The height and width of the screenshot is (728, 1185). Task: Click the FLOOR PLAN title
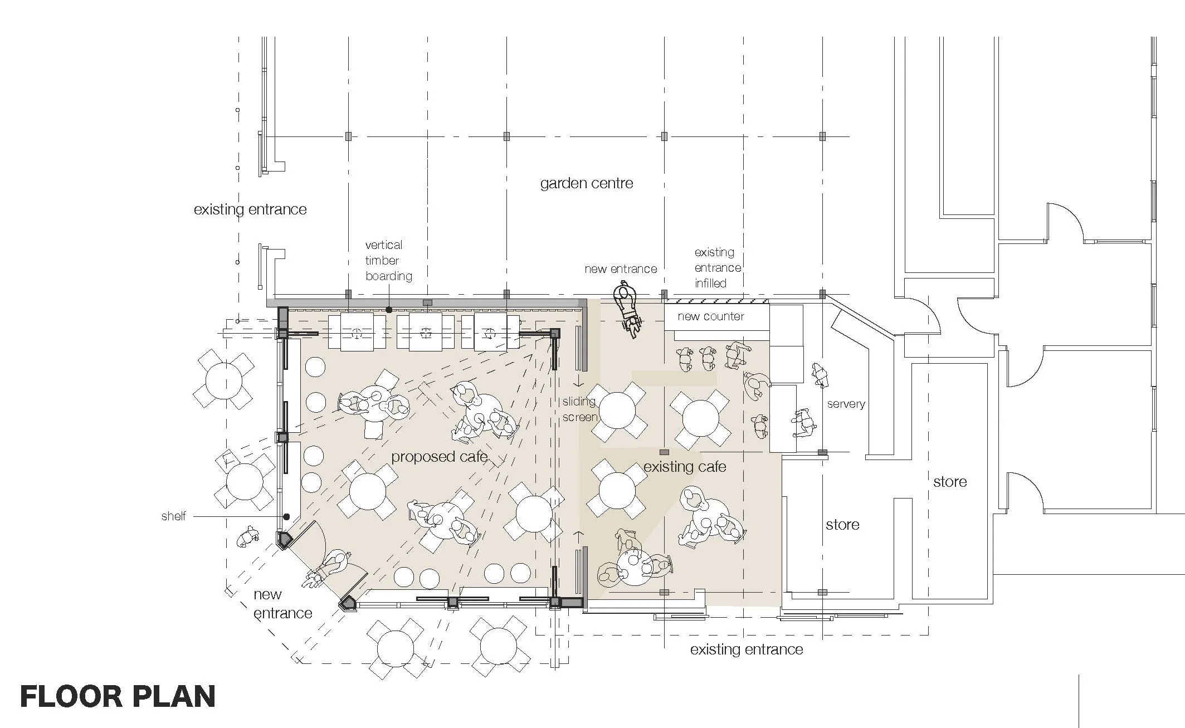[x=118, y=697]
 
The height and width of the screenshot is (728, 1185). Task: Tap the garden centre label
[x=587, y=184]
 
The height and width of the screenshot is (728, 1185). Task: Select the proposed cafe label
[x=440, y=457]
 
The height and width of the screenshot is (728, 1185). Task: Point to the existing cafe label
[x=685, y=467]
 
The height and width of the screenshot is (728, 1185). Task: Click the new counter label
[x=711, y=317]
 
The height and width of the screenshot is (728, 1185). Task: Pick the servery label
[x=846, y=404]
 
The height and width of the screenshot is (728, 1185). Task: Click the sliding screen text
[x=580, y=409]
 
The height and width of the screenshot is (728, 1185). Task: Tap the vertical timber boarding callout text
[x=389, y=260]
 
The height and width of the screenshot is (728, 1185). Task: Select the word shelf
[x=173, y=516]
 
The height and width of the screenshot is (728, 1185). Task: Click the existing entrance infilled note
[x=718, y=268]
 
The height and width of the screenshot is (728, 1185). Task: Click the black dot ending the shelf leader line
[x=286, y=517]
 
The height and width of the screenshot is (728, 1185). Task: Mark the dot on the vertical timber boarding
[x=389, y=310]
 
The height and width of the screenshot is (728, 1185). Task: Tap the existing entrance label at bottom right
[x=747, y=649]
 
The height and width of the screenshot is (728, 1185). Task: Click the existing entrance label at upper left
[x=250, y=210]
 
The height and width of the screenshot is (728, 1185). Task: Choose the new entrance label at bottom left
[x=282, y=604]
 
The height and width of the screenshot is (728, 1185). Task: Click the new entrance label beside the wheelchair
[x=621, y=269]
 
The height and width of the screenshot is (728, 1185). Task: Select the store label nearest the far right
[x=950, y=482]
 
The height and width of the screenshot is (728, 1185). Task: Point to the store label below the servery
[x=842, y=525]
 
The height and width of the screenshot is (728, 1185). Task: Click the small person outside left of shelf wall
[x=248, y=537]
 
